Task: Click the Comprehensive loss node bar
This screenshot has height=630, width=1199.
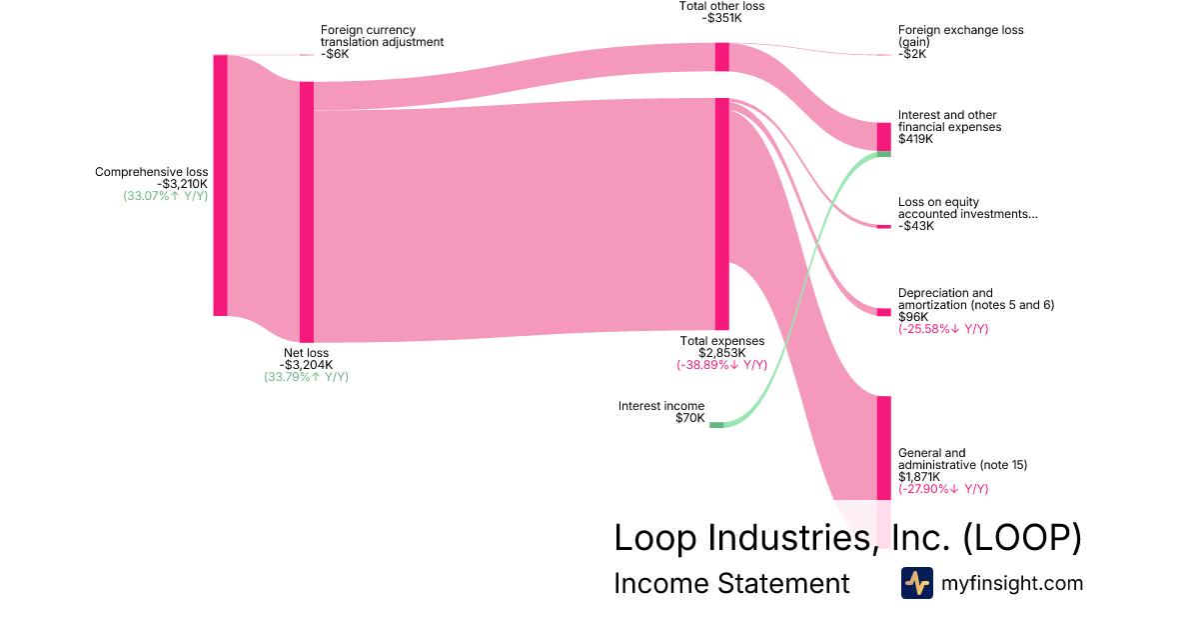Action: (220, 185)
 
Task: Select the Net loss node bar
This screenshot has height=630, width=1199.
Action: (307, 212)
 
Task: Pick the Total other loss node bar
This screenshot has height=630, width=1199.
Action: (721, 57)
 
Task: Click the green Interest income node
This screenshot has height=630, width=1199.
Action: (716, 425)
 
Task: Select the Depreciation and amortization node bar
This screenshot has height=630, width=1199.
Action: (883, 312)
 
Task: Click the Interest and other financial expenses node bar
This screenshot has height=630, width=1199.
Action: (883, 137)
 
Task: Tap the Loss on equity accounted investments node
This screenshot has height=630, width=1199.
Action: (883, 227)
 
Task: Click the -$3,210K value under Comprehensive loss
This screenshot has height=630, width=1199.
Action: (183, 184)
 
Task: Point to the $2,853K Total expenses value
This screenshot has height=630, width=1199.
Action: (721, 353)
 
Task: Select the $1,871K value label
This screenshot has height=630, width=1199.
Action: (919, 477)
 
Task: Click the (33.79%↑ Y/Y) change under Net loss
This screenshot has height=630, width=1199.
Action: (306, 377)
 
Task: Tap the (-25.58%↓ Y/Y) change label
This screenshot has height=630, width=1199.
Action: (943, 329)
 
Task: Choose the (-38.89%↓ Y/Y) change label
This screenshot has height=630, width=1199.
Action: (721, 365)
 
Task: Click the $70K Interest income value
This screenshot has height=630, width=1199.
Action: (689, 418)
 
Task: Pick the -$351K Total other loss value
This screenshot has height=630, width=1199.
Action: (721, 18)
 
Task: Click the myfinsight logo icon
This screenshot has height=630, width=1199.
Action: (916, 583)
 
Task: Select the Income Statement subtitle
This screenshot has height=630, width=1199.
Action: (731, 583)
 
